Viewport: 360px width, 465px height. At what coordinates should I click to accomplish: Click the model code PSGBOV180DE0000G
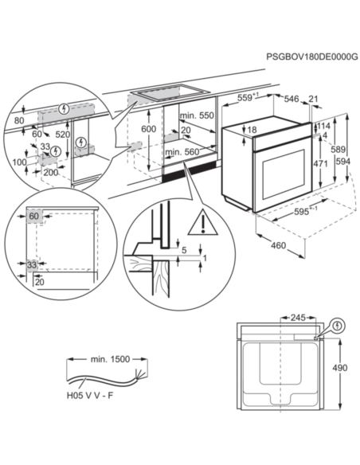tap(312, 57)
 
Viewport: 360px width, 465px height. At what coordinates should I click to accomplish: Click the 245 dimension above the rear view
tap(298, 318)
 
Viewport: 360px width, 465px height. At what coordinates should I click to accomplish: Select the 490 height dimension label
tap(339, 368)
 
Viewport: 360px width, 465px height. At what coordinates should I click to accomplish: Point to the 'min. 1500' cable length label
tap(111, 359)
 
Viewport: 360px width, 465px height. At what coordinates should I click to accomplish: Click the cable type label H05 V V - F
tap(90, 396)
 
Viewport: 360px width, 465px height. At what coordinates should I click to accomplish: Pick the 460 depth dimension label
tap(278, 245)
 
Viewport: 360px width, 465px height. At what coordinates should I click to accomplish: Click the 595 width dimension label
tap(302, 212)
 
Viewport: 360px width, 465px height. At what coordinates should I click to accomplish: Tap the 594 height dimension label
tap(343, 162)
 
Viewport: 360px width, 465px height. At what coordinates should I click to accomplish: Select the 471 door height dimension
tap(320, 163)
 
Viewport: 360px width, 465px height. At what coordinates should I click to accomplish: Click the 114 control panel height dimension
tap(323, 126)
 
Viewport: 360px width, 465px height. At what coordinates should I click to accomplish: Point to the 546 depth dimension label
tap(292, 99)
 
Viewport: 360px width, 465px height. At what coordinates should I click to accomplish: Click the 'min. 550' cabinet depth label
tap(197, 115)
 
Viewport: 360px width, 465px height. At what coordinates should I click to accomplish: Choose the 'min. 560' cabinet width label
tap(182, 152)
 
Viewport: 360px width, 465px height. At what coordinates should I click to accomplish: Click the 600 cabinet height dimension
tap(148, 129)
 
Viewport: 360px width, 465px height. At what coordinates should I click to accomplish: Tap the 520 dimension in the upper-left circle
tap(63, 135)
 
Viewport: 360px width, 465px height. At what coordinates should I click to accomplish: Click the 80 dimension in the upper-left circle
tap(19, 120)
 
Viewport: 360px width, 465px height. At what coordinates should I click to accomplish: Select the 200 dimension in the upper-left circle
tap(51, 172)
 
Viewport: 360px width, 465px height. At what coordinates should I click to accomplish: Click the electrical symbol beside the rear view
tap(338, 326)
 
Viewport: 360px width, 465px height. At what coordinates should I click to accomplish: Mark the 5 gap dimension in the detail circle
tap(184, 250)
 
